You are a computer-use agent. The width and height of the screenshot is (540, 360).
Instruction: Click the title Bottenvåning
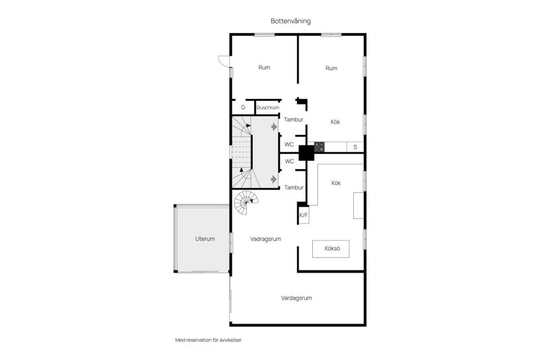click(x=290, y=21)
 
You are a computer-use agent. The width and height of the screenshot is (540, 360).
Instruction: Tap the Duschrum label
click(x=268, y=107)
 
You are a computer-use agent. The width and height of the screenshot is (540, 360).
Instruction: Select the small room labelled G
click(x=243, y=107)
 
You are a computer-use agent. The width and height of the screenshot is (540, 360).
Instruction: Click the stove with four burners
click(x=319, y=147)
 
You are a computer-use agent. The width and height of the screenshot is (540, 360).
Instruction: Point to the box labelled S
click(x=355, y=147)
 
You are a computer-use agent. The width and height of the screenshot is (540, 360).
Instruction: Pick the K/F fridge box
click(x=304, y=215)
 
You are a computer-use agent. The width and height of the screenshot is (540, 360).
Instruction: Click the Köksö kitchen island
click(x=331, y=249)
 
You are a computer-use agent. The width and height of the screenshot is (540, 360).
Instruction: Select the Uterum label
click(x=205, y=238)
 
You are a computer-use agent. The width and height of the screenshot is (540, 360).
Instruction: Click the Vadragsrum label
click(x=265, y=238)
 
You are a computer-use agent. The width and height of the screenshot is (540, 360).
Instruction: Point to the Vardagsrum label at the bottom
click(x=296, y=298)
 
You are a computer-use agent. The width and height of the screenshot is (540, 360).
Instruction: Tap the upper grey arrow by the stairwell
click(x=274, y=127)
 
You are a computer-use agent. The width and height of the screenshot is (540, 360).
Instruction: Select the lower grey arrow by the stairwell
click(x=274, y=179)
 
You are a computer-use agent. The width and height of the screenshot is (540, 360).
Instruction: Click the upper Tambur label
click(x=294, y=120)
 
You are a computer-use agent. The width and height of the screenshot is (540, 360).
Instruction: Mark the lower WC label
click(x=290, y=161)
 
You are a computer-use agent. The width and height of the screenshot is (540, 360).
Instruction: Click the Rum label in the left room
click(x=264, y=68)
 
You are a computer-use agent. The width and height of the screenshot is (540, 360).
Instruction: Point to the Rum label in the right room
click(x=331, y=69)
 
